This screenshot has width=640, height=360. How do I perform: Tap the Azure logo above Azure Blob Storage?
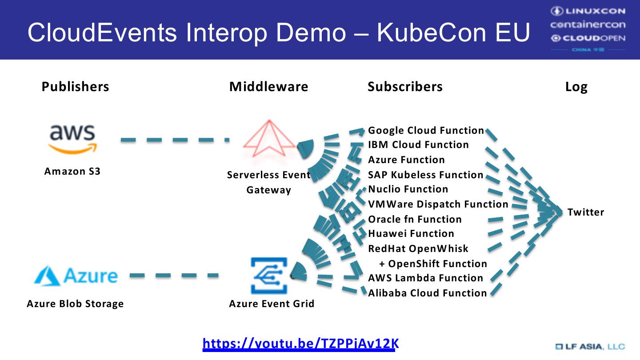(76, 276)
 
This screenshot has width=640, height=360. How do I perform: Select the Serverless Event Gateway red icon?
(269, 139)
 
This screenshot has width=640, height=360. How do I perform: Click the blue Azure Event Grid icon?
(269, 276)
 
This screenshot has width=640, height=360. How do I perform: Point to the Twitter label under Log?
(586, 212)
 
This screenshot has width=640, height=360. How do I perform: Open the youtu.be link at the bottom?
(300, 344)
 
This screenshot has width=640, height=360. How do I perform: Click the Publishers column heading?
(75, 87)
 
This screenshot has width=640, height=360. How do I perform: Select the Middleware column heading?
(268, 87)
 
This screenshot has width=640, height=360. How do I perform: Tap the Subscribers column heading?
(405, 87)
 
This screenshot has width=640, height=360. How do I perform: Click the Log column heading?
(576, 87)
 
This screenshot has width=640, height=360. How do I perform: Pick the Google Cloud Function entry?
(426, 131)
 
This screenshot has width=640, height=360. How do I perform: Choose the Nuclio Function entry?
(408, 189)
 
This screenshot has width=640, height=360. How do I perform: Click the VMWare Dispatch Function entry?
(438, 204)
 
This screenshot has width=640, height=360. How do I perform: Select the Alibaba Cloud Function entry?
(428, 293)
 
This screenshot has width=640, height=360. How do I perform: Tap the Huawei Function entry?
(411, 234)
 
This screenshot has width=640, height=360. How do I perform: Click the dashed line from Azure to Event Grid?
(174, 276)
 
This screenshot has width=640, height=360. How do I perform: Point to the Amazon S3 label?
(72, 172)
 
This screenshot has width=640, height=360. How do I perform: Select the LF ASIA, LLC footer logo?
(590, 347)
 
